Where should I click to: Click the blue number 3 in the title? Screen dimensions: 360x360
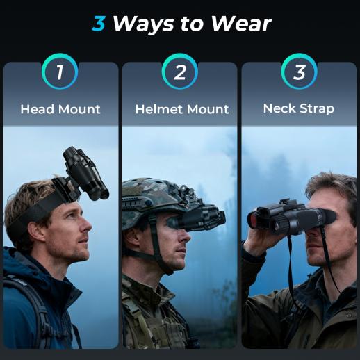(99, 24)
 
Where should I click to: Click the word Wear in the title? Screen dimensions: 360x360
(241, 24)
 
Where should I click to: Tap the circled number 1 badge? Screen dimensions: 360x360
(60, 72)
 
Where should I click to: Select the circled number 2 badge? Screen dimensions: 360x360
(180, 72)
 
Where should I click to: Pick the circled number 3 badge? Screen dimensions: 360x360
(300, 72)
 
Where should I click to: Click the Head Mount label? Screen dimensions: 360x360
(60, 109)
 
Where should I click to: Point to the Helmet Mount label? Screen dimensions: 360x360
(182, 109)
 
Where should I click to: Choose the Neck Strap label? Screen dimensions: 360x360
(299, 108)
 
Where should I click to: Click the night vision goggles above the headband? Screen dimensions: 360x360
(85, 173)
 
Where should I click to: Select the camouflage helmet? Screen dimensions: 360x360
(158, 199)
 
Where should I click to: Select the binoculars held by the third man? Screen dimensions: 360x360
(291, 218)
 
